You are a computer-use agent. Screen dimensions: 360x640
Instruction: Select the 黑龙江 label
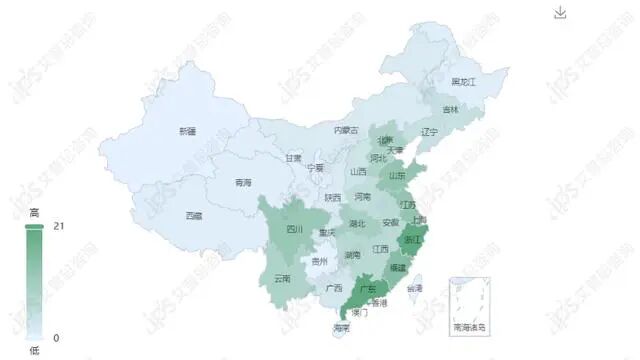click(464, 81)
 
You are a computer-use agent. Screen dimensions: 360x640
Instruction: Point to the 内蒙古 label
click(346, 130)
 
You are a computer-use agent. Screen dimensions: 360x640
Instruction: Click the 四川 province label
click(294, 229)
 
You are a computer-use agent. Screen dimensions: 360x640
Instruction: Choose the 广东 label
click(367, 290)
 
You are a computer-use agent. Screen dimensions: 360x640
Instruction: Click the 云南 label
click(282, 278)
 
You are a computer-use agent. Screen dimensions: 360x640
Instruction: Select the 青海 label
click(243, 183)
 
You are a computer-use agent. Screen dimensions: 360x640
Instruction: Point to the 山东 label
click(397, 175)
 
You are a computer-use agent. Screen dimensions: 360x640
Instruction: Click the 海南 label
click(342, 328)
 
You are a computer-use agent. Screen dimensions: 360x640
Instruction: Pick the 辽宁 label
click(430, 132)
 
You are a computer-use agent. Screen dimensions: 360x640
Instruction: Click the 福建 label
click(398, 268)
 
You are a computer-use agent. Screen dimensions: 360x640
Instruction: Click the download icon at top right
click(560, 12)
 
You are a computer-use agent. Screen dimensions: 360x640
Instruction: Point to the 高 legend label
click(34, 213)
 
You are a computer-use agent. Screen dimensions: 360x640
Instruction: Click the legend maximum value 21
click(57, 226)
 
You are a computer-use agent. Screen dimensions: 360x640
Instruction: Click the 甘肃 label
click(293, 158)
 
